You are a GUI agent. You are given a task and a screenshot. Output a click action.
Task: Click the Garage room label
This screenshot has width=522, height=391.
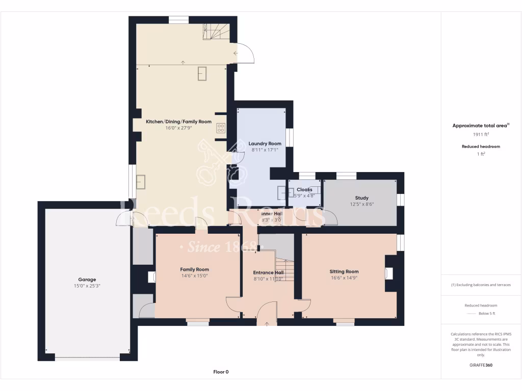coord(87,280)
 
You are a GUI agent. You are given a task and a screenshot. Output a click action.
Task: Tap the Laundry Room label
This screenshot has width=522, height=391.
coord(265,144)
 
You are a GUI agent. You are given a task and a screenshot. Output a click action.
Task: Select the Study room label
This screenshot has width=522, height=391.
coord(361,198)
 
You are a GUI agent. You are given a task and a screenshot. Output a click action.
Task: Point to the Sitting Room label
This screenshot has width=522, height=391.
coord(344,271)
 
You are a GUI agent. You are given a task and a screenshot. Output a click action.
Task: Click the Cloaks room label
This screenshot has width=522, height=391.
coord(304,189)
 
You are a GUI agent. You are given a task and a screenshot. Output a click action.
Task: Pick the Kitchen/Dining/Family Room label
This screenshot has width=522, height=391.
coord(178,122)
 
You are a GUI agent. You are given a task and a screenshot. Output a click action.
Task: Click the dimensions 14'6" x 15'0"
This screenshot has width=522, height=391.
coord(194,275)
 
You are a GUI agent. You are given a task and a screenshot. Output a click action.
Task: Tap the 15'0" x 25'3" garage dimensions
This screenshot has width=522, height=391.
coord(87,286)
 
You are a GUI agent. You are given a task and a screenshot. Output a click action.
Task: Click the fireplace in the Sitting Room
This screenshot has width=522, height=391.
coord(389,273)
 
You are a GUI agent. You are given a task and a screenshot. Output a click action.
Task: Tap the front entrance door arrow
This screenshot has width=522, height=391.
coord(267,324)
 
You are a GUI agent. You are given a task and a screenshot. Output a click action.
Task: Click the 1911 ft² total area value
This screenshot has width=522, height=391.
coord(481,135)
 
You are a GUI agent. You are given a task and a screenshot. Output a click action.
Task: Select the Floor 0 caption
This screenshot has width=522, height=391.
coord(221,372)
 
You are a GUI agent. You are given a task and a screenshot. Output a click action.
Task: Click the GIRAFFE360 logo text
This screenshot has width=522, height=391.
coord(481,365)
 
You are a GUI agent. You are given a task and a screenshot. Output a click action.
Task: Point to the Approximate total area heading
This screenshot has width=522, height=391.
coord(481,125)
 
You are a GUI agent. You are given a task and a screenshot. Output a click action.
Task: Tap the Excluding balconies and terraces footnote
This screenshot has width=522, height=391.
coord(481,285)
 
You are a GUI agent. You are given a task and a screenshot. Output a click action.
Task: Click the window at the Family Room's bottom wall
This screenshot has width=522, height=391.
coord(197,322)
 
